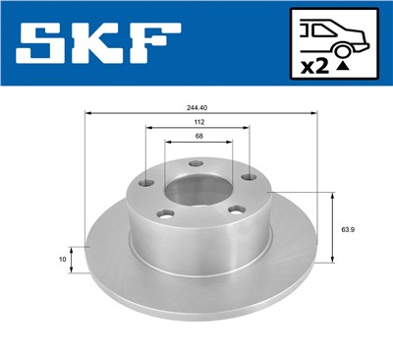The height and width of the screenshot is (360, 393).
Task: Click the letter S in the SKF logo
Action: click(40, 44)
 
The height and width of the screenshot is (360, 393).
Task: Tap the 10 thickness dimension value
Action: click(62, 260)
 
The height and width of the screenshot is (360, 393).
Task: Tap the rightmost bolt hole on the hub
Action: click(249, 177)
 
